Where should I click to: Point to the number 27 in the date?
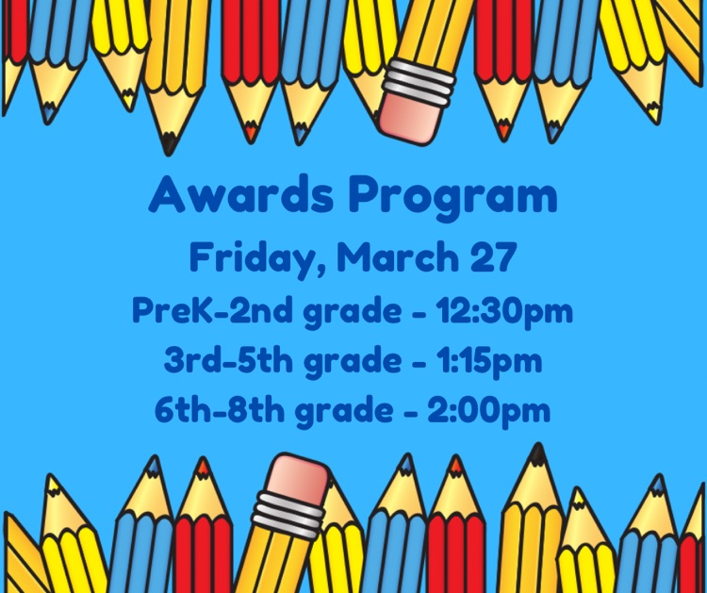pyautogui.click(x=493, y=256)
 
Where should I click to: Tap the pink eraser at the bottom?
pyautogui.click(x=296, y=480)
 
